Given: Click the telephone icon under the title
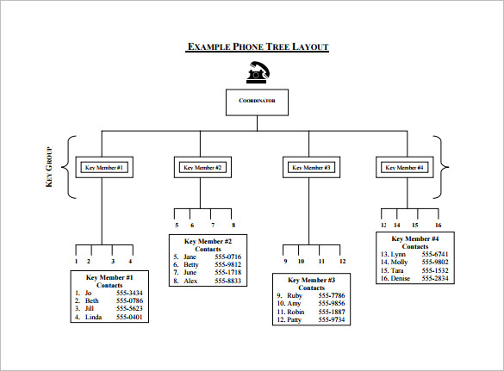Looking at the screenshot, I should pos(257,72).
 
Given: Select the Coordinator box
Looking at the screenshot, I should pos(257,101).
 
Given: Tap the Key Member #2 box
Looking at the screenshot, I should pos(203,167).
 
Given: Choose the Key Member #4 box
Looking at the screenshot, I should pos(404,167).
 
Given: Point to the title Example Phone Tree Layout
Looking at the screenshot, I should pos(257,46).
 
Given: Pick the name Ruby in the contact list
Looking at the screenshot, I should pos(296,296).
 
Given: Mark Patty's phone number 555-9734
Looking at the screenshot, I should pos(332,319).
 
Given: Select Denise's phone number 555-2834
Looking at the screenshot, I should pos(434,278).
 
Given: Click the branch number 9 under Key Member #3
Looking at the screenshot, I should pos(285,261).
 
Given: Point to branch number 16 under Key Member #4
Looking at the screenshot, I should pos(438,225).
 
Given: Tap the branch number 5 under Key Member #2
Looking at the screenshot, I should pos(176,226).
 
